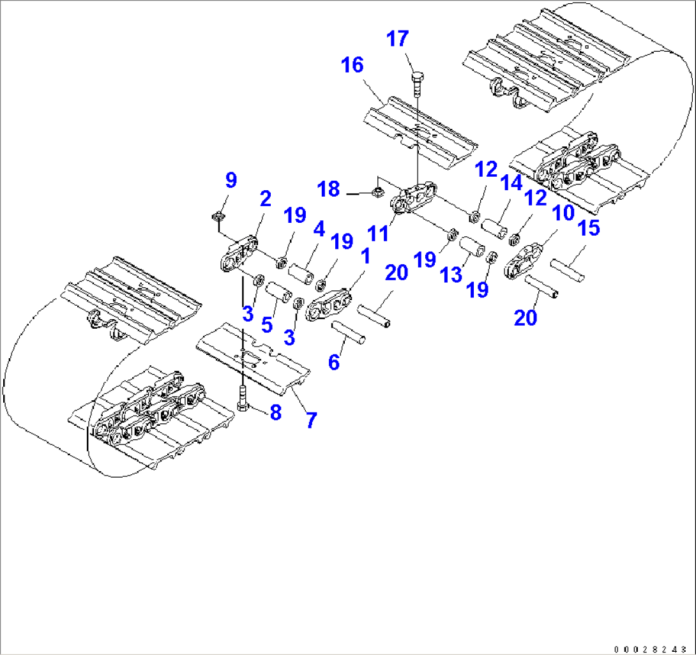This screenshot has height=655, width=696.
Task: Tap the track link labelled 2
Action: tap(239, 253)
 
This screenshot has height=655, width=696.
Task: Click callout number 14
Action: tap(511, 185)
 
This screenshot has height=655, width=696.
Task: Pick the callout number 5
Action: tap(267, 324)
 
